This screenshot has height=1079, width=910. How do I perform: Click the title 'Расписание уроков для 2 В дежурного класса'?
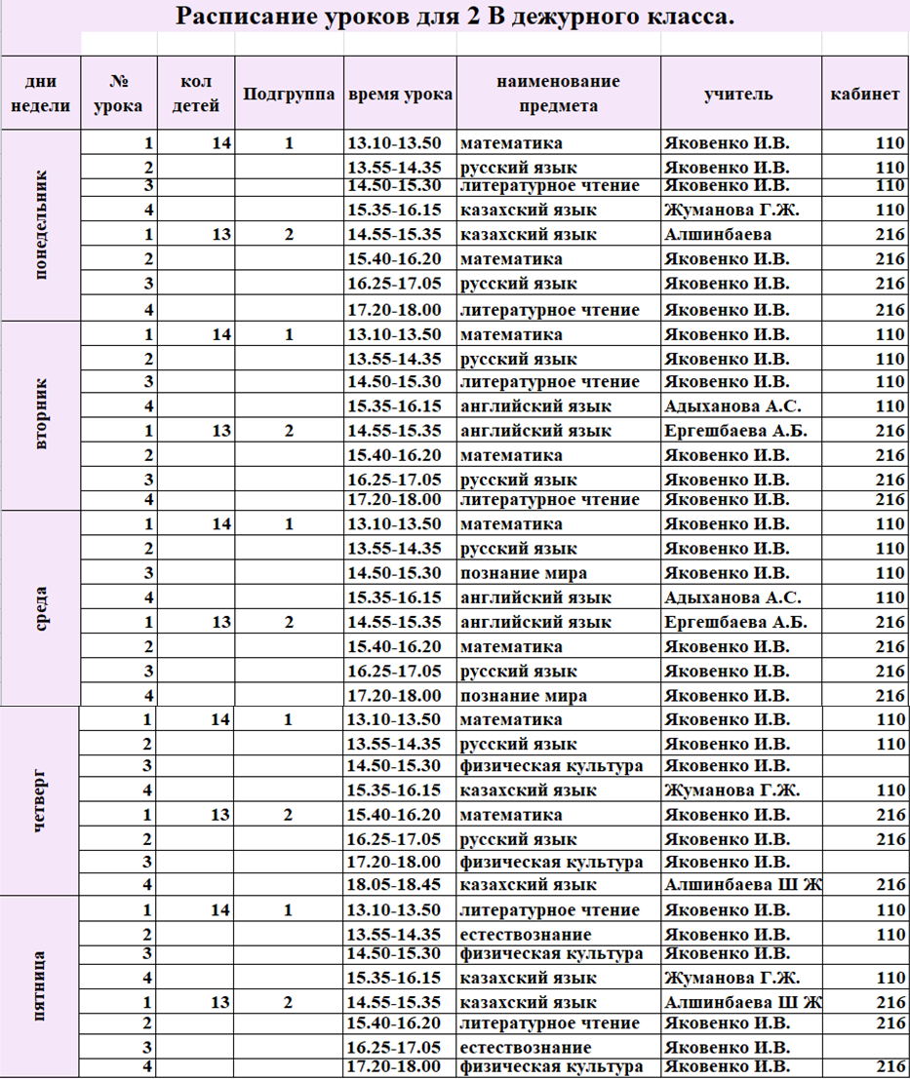455,18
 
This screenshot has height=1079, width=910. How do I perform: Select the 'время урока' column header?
400,95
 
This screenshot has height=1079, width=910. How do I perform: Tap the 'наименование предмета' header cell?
558,95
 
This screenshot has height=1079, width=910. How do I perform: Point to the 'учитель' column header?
739,95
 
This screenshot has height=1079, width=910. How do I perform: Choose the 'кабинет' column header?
864,95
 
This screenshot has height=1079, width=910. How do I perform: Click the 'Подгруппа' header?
290,95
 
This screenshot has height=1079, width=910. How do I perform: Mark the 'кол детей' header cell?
196,95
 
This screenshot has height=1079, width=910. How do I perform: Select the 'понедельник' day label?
40,225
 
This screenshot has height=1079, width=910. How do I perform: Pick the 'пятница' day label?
40,986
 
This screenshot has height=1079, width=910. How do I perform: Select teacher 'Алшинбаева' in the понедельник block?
718,235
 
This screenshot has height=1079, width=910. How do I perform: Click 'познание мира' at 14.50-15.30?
524,573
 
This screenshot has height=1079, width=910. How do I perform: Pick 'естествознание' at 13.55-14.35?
523,934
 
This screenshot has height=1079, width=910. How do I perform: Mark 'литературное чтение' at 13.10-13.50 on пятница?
550,910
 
